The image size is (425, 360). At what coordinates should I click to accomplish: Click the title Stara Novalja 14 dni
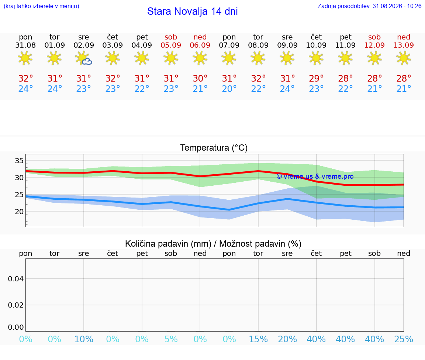pyautogui.click(x=193, y=11)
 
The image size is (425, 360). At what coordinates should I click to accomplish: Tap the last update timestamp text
pyautogui.click(x=369, y=6)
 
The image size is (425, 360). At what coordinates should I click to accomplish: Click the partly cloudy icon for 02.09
pyautogui.click(x=83, y=58)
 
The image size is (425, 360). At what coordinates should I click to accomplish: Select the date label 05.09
pyautogui.click(x=171, y=45)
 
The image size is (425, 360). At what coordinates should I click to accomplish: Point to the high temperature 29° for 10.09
pyautogui.click(x=316, y=78)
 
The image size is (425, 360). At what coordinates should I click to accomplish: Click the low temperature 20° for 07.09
pyautogui.click(x=229, y=89)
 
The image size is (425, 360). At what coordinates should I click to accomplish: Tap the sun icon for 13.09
pyautogui.click(x=404, y=58)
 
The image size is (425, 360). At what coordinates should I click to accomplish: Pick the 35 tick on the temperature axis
pyautogui.click(x=19, y=161)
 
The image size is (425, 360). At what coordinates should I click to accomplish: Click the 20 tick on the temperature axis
pyautogui.click(x=19, y=212)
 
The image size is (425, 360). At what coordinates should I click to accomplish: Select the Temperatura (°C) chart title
pyautogui.click(x=214, y=148)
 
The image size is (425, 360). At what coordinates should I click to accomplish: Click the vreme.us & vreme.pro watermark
pyautogui.click(x=315, y=176)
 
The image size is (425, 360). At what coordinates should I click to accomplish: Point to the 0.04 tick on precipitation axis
pyautogui.click(x=16, y=279)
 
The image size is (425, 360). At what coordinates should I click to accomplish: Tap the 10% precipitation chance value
pyautogui.click(x=84, y=339)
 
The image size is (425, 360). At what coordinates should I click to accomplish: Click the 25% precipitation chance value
pyautogui.click(x=404, y=339)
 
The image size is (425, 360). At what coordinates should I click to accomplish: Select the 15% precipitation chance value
pyautogui.click(x=258, y=339)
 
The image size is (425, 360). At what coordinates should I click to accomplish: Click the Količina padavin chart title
pyautogui.click(x=213, y=244)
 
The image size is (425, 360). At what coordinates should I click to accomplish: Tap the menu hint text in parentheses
pyautogui.click(x=41, y=6)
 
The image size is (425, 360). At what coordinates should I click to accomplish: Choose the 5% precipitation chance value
pyautogui.click(x=171, y=339)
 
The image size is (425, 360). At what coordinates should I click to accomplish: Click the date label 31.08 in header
pyautogui.click(x=25, y=45)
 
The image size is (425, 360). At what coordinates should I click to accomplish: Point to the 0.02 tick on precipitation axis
pyautogui.click(x=16, y=305)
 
